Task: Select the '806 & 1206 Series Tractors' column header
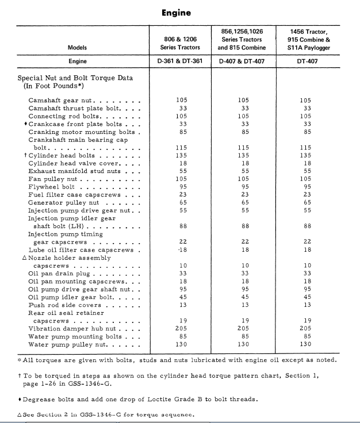181,43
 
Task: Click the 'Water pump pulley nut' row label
70,344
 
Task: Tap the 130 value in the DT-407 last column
305,344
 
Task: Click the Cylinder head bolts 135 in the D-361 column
181,155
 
